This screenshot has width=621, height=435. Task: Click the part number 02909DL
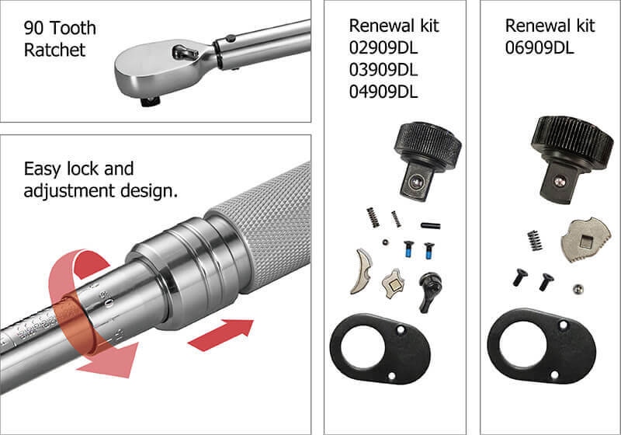click(383, 48)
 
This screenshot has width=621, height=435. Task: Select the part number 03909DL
click(383, 70)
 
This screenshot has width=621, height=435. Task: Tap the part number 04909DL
click(383, 92)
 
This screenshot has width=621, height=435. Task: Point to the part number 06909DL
click(539, 48)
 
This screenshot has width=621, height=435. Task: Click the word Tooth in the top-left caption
click(73, 28)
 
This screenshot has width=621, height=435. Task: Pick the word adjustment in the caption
click(69, 191)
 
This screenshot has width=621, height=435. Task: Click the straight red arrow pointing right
click(220, 335)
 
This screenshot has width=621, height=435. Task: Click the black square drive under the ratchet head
click(151, 102)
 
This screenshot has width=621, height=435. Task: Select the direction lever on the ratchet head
click(185, 51)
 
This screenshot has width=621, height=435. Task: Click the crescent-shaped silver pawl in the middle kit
click(361, 271)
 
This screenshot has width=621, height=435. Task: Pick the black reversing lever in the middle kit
click(429, 291)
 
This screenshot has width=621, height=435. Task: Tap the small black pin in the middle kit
click(431, 226)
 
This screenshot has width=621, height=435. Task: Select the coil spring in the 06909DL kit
click(535, 240)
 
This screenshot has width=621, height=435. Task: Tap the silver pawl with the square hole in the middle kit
click(393, 283)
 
